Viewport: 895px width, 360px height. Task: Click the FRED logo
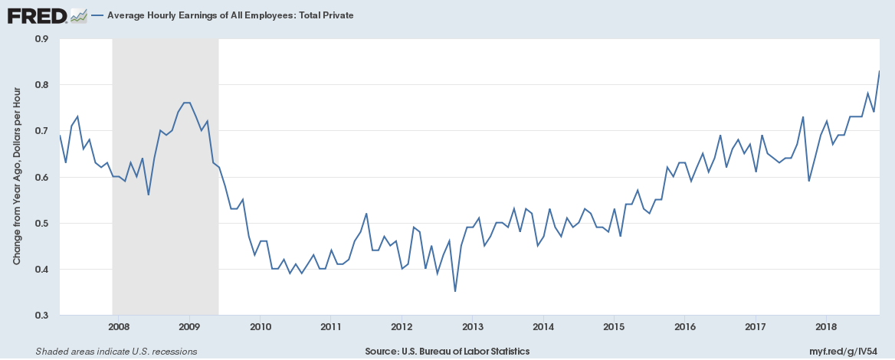pyautogui.click(x=36, y=15)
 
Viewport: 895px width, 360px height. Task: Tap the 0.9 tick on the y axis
pyautogui.click(x=41, y=38)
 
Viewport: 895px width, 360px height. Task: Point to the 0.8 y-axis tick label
pyautogui.click(x=41, y=85)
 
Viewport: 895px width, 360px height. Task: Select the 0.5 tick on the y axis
pyautogui.click(x=41, y=223)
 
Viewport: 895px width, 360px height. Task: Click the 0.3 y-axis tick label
pyautogui.click(x=41, y=316)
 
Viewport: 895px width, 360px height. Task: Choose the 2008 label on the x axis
pyautogui.click(x=119, y=327)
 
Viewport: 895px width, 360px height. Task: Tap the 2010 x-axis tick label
pyautogui.click(x=260, y=327)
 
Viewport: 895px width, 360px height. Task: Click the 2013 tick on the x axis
pyautogui.click(x=472, y=327)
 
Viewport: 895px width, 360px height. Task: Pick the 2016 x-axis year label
pyautogui.click(x=684, y=327)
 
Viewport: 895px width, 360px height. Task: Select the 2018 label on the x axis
pyautogui.click(x=826, y=327)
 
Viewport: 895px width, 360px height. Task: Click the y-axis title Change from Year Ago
pyautogui.click(x=17, y=176)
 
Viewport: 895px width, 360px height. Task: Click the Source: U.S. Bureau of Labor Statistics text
pyautogui.click(x=447, y=351)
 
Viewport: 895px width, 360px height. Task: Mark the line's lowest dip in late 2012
pyautogui.click(x=455, y=291)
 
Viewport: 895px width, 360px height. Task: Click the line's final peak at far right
pyautogui.click(x=879, y=71)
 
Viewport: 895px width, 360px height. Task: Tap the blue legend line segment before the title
pyautogui.click(x=97, y=15)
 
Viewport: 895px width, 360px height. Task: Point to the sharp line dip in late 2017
pyautogui.click(x=808, y=181)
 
